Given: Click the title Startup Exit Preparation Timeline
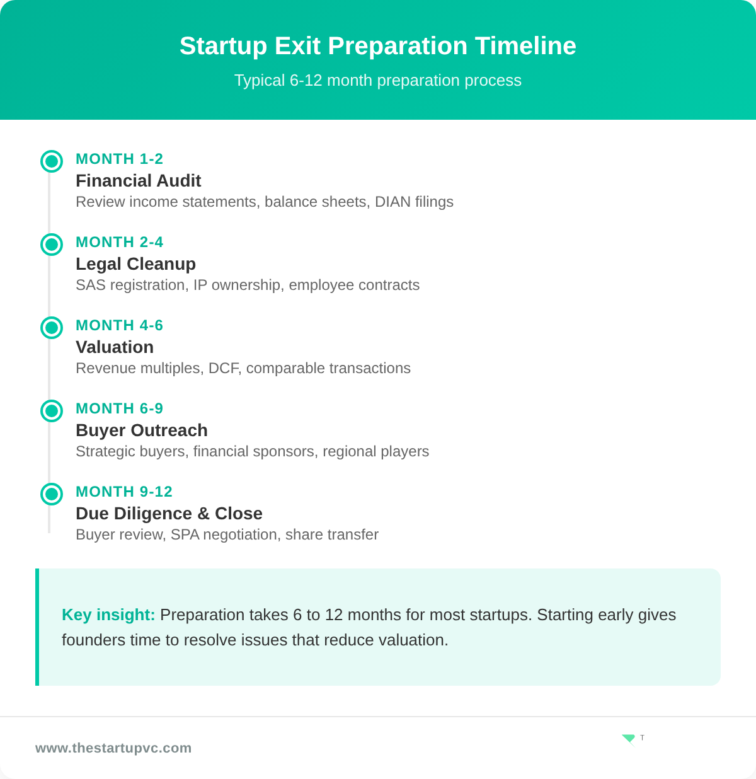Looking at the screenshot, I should click(x=378, y=46).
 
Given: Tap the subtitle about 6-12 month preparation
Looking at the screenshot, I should click(x=378, y=81).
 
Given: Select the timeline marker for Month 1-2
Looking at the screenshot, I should click(x=52, y=161).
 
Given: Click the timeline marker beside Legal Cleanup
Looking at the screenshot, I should click(x=52, y=245).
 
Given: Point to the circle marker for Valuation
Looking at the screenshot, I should click(x=52, y=328).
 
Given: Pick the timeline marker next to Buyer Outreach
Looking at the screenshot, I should click(x=52, y=411).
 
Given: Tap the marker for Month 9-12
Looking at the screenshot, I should click(x=52, y=494).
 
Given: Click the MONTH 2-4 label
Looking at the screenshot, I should click(x=119, y=242).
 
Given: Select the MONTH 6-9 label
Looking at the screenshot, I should click(x=119, y=408).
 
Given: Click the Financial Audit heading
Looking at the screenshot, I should click(x=138, y=181).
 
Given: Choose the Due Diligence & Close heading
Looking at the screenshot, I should click(x=169, y=514).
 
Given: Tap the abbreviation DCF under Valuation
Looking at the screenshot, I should click(x=224, y=368).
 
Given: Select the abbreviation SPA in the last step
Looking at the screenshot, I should click(x=185, y=534).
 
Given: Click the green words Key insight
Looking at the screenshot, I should click(x=108, y=615).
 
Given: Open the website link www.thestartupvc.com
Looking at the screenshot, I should click(x=113, y=748).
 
